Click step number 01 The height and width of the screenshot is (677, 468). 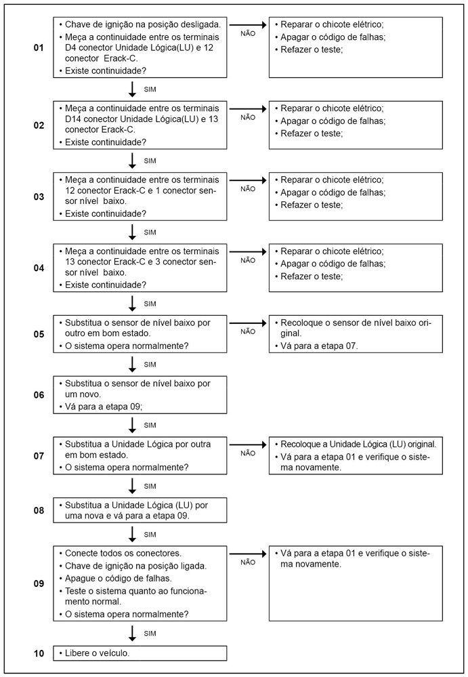click(x=39, y=49)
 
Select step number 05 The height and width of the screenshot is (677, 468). click(x=39, y=334)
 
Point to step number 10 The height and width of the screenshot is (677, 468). click(x=39, y=653)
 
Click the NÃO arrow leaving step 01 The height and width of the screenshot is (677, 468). click(x=248, y=24)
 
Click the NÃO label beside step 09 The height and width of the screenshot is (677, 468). click(x=248, y=562)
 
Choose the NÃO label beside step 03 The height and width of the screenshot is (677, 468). click(x=248, y=189)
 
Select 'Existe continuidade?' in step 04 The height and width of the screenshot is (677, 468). click(x=104, y=285)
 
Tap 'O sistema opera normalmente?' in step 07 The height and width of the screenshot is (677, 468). click(x=126, y=468)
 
